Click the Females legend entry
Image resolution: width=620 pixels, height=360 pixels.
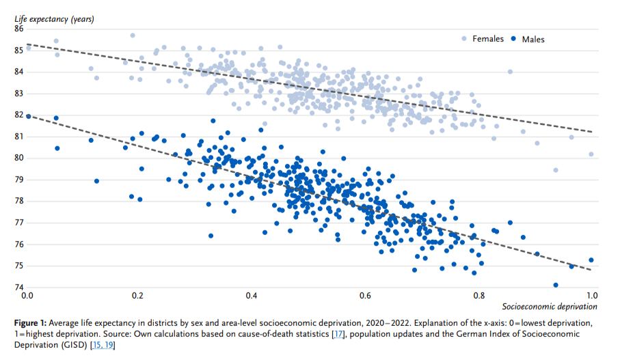pyautogui.click(x=488, y=39)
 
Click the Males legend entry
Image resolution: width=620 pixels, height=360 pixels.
pyautogui.click(x=533, y=39)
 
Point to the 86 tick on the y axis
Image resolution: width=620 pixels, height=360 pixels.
pyautogui.click(x=18, y=29)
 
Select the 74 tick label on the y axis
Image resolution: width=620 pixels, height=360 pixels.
pyautogui.click(x=18, y=288)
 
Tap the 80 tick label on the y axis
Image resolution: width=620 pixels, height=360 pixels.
pyautogui.click(x=18, y=158)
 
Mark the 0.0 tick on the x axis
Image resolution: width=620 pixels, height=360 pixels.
pyautogui.click(x=27, y=296)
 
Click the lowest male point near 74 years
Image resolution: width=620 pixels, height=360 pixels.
pyautogui.click(x=556, y=285)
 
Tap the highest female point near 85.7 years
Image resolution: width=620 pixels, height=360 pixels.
pyautogui.click(x=133, y=36)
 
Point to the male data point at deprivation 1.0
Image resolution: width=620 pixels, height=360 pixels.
pyautogui.click(x=591, y=260)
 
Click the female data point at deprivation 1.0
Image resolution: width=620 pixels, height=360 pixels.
pyautogui.click(x=591, y=154)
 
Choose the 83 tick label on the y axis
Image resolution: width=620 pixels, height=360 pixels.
pyautogui.click(x=18, y=94)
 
